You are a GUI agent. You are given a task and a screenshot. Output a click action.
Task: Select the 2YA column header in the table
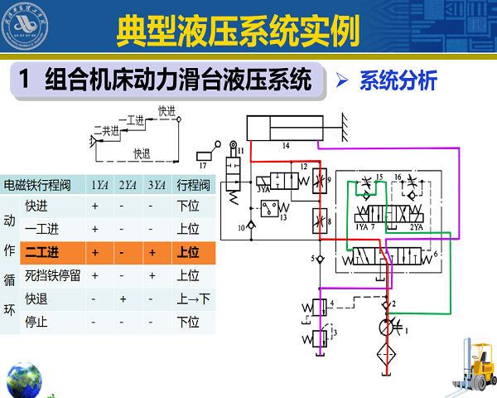pos(127,184)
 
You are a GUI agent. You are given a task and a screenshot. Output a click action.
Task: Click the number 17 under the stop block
pos(203,155)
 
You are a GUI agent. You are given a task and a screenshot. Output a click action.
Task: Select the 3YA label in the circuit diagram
pos(264,191)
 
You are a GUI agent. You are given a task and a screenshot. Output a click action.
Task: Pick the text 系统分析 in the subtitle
pos(398,81)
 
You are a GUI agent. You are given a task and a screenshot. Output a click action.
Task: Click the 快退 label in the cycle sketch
pos(142,153)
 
